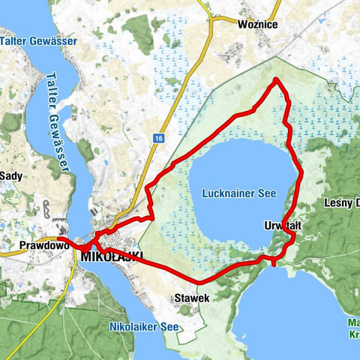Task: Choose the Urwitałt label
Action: click(283, 225)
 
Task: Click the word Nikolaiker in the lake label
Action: click(135, 327)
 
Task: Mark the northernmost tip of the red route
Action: click(277, 79)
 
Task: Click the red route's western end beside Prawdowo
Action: click(58, 239)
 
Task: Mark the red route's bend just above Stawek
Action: click(199, 281)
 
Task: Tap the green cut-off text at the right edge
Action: click(352, 330)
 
